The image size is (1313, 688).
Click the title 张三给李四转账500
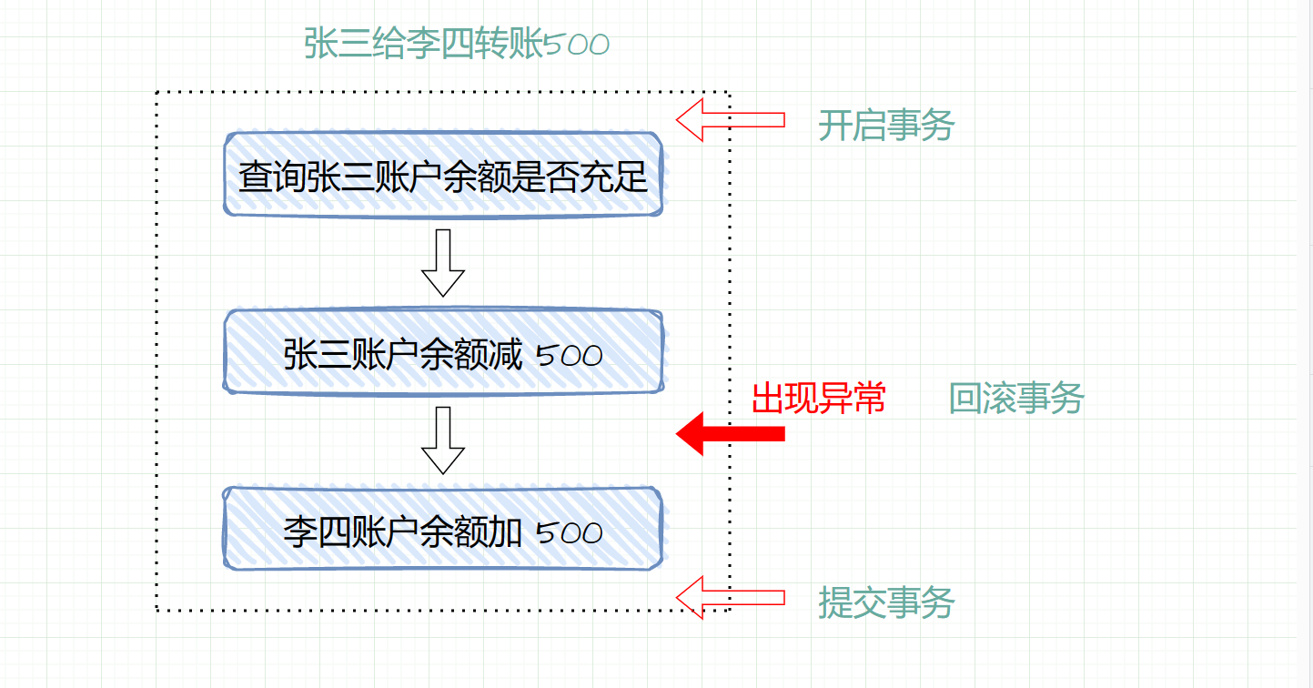(456, 44)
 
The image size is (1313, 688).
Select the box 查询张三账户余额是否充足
(443, 176)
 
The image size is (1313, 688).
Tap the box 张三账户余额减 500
(443, 353)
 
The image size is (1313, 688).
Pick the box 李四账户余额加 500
(443, 531)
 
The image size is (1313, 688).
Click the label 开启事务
(885, 125)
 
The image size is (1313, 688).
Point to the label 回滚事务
(1015, 398)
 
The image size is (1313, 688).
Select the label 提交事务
(885, 602)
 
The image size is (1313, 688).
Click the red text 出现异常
(819, 398)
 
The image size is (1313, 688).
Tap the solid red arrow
(730, 433)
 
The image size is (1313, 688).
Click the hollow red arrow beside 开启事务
(730, 119)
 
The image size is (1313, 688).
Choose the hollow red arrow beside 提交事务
(730, 597)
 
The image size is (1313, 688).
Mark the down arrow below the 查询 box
(443, 262)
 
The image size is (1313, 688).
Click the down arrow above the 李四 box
(443, 440)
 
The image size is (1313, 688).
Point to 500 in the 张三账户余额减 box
(570, 355)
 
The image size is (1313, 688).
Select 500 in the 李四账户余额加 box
(570, 532)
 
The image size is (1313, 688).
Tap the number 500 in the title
(576, 45)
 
